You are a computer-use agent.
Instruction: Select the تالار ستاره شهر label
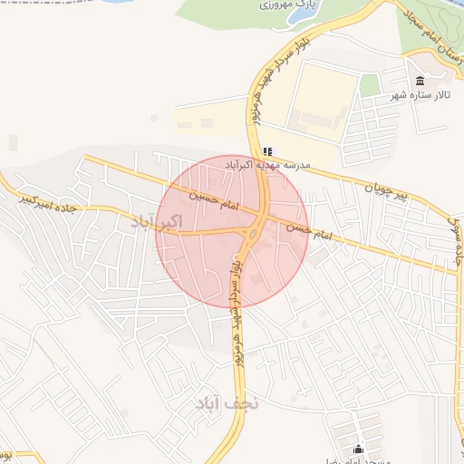click(422, 94)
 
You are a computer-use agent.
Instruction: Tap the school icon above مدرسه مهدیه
click(267, 151)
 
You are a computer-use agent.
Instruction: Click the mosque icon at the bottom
click(359, 449)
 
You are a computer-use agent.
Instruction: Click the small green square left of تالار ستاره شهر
click(369, 85)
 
